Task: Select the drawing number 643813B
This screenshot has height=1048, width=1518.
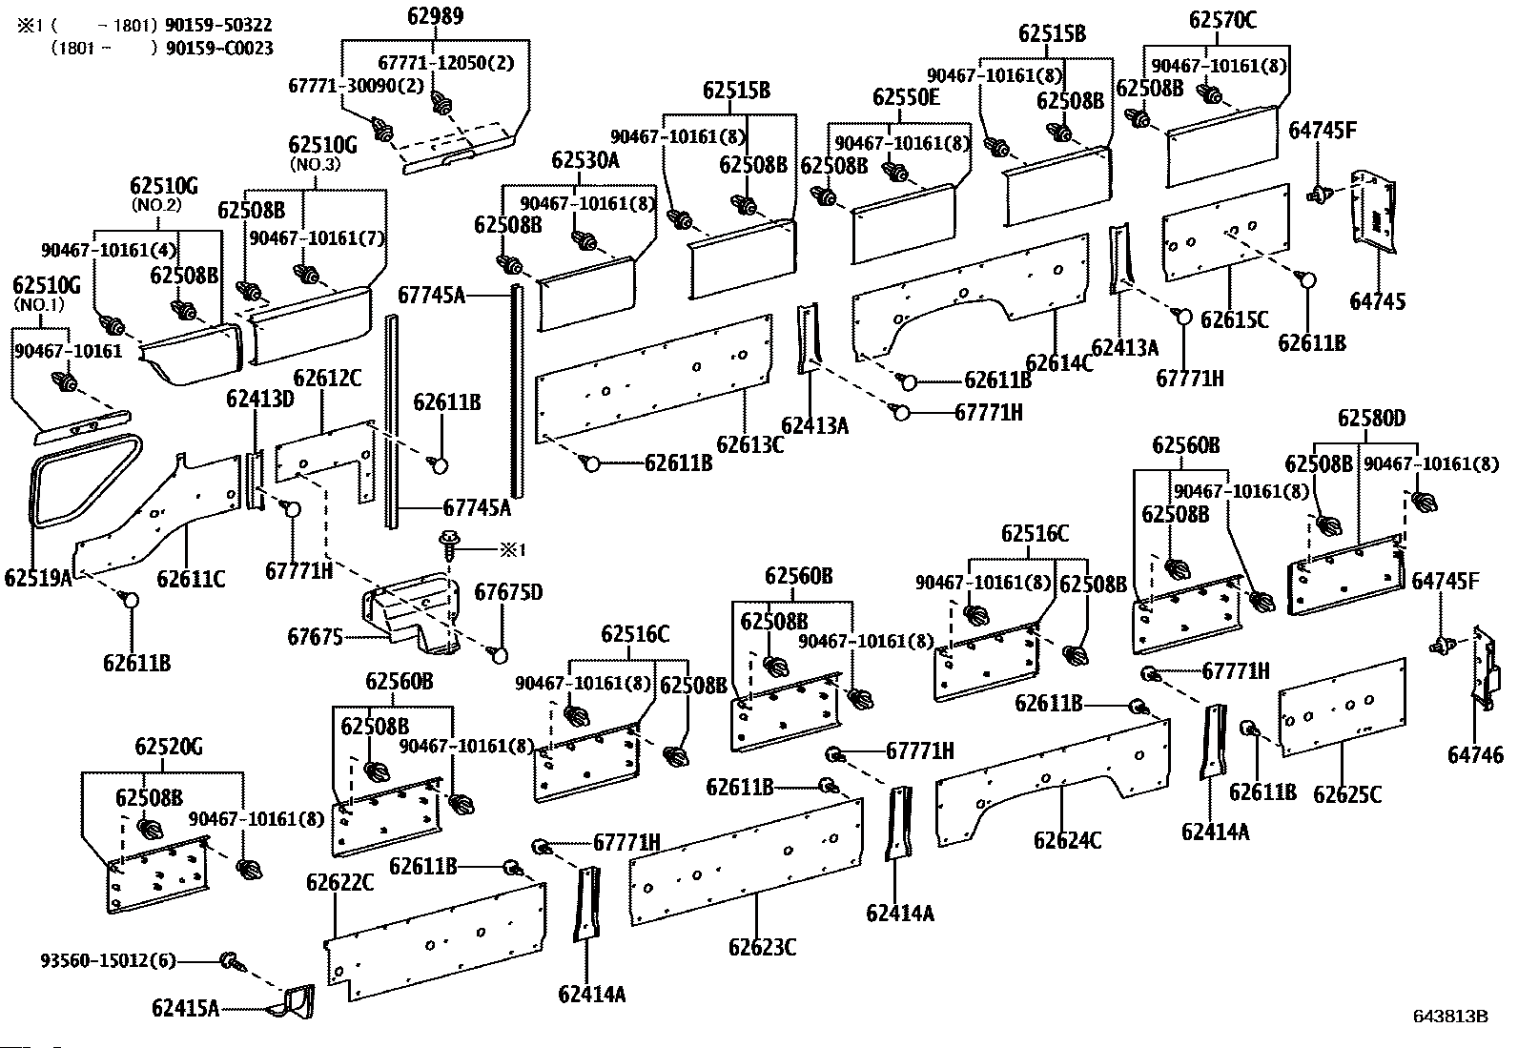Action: [1450, 1017]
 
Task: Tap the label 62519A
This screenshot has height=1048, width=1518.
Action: [38, 578]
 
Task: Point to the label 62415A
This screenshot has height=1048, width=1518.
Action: [185, 1007]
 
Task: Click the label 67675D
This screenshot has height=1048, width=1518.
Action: [509, 593]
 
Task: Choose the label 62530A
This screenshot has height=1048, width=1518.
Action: [585, 160]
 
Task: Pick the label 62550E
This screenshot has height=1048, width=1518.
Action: [906, 97]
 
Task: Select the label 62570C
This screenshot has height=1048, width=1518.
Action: [1222, 20]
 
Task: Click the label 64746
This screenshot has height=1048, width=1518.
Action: [1476, 754]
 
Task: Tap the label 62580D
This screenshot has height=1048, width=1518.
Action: [1371, 418]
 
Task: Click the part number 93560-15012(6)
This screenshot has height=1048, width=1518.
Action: [109, 960]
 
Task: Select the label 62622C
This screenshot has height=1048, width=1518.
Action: [340, 883]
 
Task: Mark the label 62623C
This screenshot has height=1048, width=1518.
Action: [762, 947]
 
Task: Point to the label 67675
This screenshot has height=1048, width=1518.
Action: [315, 636]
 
